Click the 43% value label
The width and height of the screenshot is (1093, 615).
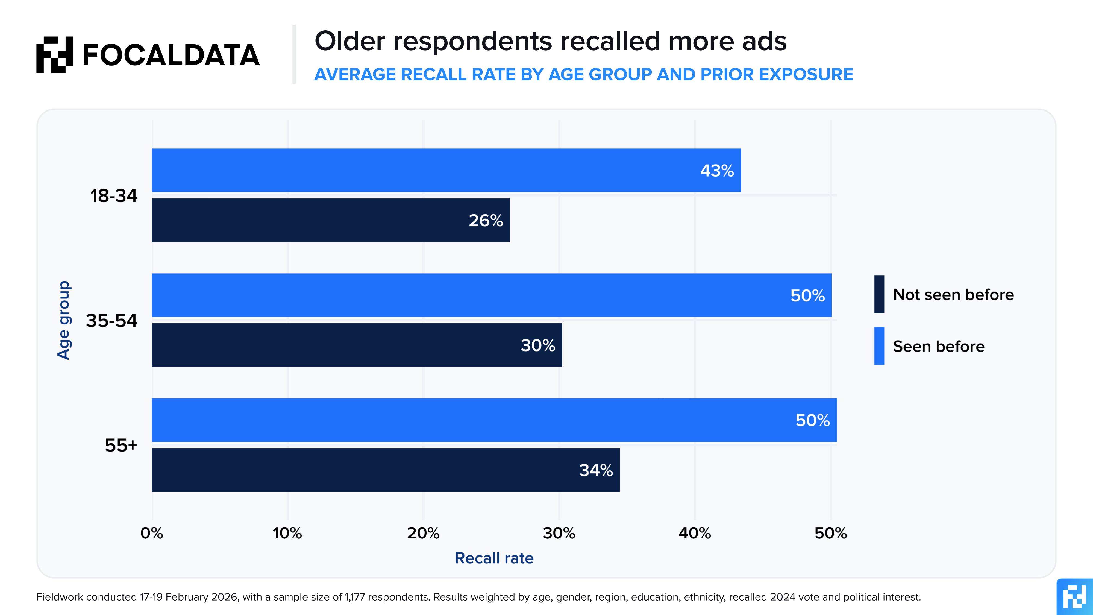[x=717, y=171]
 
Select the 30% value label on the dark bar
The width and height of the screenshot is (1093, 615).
[x=537, y=345]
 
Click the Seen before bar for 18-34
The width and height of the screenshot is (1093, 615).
[x=424, y=170]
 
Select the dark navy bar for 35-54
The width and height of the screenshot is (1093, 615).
[x=339, y=345]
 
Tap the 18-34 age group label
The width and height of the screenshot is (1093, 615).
[x=114, y=196]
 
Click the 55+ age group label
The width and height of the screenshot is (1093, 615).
[x=121, y=445]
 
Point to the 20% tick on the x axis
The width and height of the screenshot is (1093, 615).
[x=423, y=533]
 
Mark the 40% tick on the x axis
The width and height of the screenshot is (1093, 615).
[x=695, y=533]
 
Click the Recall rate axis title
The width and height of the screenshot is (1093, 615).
[x=494, y=558]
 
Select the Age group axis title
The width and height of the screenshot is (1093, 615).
[x=64, y=320]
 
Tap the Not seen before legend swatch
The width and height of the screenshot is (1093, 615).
[x=879, y=294]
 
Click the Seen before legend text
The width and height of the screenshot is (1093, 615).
[x=939, y=346]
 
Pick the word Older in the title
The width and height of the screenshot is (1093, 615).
[x=350, y=41]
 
